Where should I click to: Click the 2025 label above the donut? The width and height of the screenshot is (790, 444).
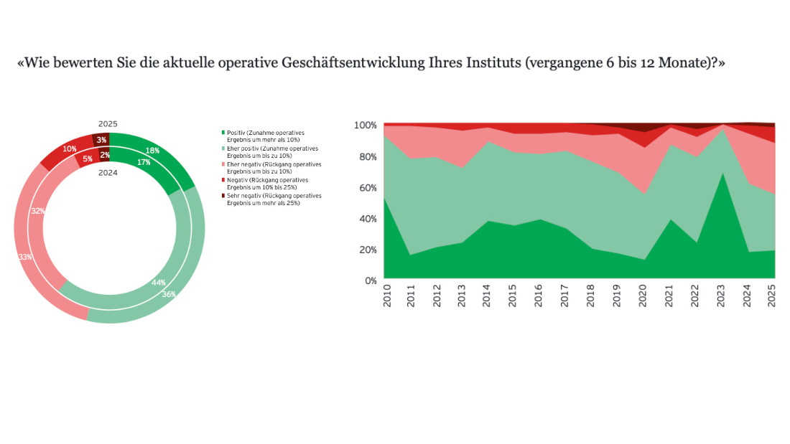coord(108,123)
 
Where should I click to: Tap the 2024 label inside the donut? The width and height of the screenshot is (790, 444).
coord(108,172)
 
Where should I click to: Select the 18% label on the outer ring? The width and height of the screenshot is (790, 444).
coord(152,151)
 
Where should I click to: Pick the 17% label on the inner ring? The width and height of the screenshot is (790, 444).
coord(143,162)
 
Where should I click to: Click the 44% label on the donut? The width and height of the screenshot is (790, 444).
coord(158,283)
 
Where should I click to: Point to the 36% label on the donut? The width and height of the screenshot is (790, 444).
coord(167,293)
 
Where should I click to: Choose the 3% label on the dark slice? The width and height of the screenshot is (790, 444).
coord(101,140)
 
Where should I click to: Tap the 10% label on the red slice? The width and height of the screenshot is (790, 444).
coord(69,149)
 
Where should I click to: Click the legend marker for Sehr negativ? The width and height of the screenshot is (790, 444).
coord(223,196)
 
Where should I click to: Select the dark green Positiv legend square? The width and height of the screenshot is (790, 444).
coord(223,133)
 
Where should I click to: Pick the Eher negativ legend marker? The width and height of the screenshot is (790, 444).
coord(223,164)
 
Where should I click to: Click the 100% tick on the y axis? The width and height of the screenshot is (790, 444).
coord(365,126)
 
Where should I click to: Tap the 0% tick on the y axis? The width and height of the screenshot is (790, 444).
coord(370,280)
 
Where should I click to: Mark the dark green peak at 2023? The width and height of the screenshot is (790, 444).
coord(720,175)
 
